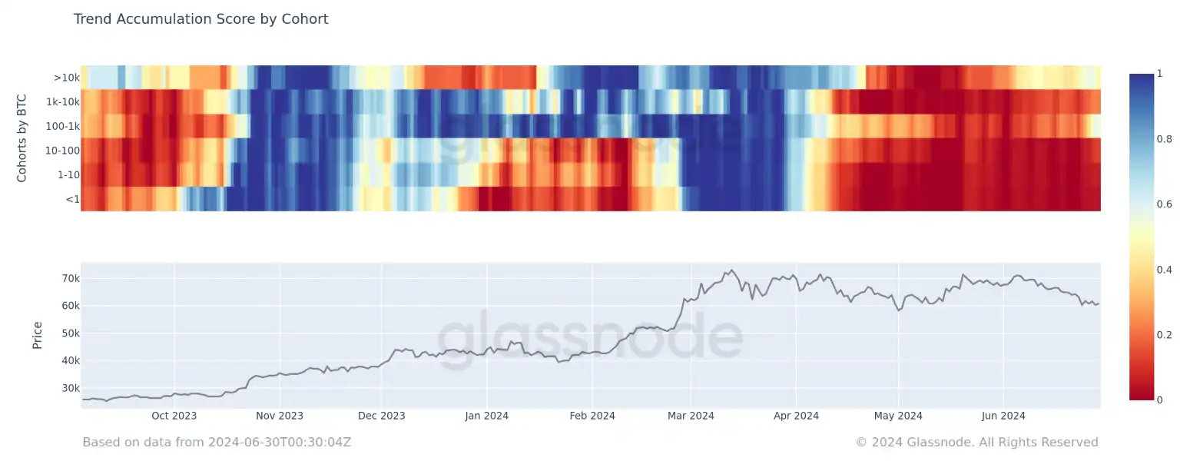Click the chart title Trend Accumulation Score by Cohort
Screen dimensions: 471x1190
coord(201,19)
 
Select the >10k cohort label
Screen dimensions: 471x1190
coord(66,78)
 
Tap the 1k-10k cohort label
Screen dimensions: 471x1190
coord(62,102)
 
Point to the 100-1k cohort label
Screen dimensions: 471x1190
coord(61,126)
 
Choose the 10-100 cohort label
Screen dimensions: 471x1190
coord(62,151)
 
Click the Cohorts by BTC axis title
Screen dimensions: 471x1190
coord(22,138)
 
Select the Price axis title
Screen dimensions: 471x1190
coord(37,336)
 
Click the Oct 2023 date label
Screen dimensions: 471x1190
coord(174,416)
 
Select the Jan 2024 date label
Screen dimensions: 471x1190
coord(486,416)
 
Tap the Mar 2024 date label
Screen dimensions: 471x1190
coord(691,416)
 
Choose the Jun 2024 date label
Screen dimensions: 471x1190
coord(1003,416)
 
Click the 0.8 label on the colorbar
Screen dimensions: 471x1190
coord(1164,139)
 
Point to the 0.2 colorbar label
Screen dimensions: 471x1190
coord(1164,335)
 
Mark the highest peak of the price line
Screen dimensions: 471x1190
coord(731,270)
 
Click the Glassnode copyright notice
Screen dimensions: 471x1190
coord(976,443)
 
